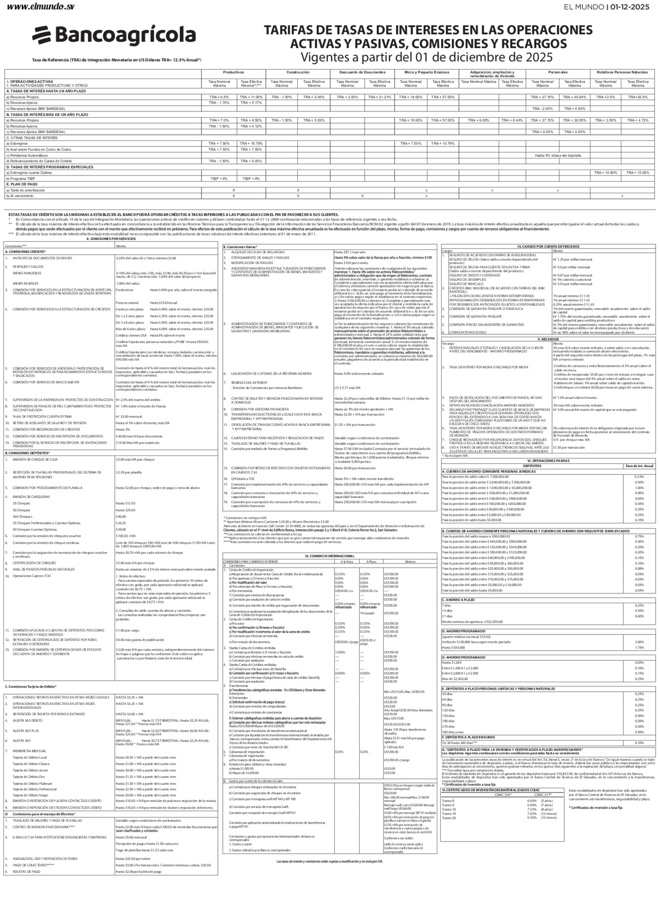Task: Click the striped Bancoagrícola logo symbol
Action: point(43,35)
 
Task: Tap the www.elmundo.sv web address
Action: point(41,7)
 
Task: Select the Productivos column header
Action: point(233,72)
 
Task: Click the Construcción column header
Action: point(298,72)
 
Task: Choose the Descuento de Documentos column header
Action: point(362,72)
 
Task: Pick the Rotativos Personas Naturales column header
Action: point(622,72)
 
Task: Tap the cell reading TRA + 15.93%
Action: point(638,172)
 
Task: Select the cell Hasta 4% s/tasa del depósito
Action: point(558,155)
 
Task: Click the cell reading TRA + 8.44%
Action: point(512,120)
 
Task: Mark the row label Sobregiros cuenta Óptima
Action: point(29,172)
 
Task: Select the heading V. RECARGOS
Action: point(547,339)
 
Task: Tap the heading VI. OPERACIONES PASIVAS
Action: point(548,460)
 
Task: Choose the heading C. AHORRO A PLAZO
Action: point(459,600)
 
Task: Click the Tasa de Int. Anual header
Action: point(639,466)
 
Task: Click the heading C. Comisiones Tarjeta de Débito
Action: point(30,687)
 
